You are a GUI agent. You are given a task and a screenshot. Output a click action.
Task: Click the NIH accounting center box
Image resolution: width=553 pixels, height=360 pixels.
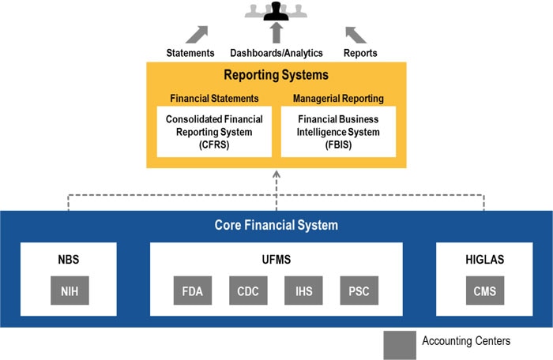coord(69,291)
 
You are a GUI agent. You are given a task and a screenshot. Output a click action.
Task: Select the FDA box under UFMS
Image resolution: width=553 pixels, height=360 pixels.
coord(192,291)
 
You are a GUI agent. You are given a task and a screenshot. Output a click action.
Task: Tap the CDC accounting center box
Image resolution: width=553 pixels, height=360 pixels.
coord(248,291)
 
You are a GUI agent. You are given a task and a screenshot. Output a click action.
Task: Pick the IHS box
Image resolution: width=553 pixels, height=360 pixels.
coord(303,291)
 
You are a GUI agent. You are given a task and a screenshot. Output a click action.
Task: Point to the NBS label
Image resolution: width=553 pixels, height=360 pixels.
coord(69,257)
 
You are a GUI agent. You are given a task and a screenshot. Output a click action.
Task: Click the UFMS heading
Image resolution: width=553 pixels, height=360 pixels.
coord(276,257)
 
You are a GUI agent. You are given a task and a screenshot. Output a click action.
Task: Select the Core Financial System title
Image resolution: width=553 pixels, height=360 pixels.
coord(276,226)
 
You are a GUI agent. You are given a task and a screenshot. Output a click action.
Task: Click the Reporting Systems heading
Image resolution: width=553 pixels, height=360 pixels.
coord(276,76)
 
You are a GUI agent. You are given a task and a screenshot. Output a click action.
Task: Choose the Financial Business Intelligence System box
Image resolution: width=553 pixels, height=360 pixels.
coord(338,132)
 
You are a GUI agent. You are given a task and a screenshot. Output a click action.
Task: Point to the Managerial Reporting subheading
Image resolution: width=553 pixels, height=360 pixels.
coord(338,99)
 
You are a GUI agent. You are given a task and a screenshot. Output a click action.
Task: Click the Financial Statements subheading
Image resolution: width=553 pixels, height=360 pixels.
coord(214,99)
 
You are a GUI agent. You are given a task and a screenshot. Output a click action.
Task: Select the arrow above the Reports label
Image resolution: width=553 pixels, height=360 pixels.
coord(355,34)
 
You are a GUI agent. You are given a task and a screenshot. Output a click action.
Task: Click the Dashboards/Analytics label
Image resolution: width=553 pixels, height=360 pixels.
coord(276,53)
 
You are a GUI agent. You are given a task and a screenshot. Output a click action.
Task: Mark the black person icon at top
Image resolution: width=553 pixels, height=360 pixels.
coord(276,10)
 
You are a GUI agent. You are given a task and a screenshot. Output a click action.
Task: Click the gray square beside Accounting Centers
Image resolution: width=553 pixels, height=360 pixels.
coord(399,342)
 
